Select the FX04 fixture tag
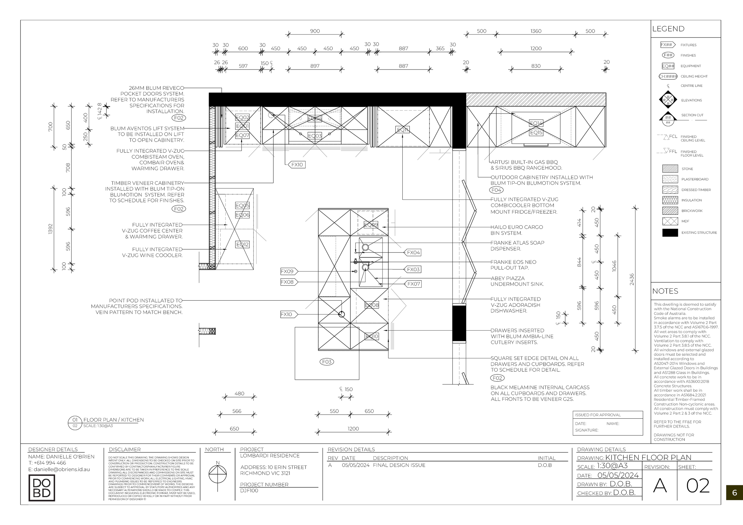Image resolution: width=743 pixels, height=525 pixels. [x=413, y=253]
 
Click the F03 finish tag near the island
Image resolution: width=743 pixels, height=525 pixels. [x=327, y=362]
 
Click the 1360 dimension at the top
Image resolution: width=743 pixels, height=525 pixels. [x=536, y=31]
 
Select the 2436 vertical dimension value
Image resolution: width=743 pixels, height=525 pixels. [x=632, y=280]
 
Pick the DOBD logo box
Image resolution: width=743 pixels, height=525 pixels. [x=42, y=488]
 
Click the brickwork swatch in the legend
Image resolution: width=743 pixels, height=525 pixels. [x=670, y=211]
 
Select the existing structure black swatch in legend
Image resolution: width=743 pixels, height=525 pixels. [x=670, y=233]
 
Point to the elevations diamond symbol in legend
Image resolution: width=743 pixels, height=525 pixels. [x=668, y=100]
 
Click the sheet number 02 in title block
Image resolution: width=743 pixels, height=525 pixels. [x=698, y=485]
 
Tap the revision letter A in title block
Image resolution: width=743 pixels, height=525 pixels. [x=660, y=485]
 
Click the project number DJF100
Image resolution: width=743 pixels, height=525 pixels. [x=249, y=491]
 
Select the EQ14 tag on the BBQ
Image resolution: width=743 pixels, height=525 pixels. [x=536, y=123]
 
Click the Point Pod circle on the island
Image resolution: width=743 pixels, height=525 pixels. [x=342, y=314]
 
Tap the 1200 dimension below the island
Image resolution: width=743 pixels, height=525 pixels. [x=353, y=429]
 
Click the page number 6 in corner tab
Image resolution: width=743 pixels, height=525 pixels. [x=734, y=493]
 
